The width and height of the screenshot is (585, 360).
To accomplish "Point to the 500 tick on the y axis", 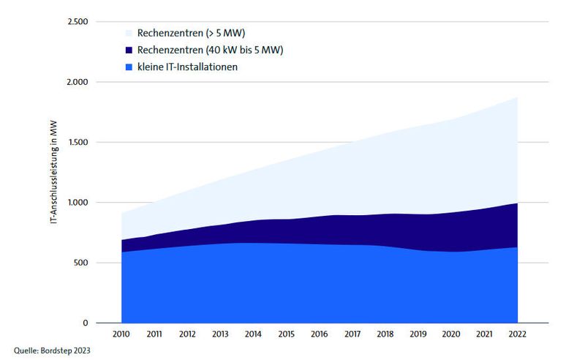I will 80,263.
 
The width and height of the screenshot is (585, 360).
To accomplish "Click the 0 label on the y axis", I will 85,323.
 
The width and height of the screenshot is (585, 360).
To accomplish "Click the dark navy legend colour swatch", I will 129,50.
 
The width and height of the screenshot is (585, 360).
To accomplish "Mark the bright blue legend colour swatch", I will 129,67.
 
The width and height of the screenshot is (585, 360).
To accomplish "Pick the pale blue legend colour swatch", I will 129,33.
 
